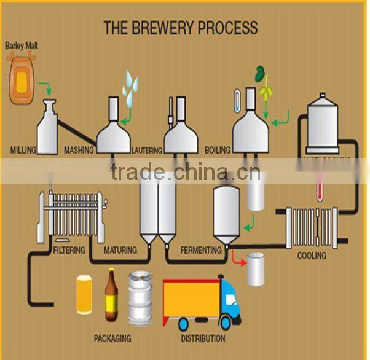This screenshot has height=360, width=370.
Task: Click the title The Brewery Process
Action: pyautogui.click(x=180, y=28)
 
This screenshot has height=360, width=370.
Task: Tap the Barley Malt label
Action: pyautogui.click(x=22, y=45)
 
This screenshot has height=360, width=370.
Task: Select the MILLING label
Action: pyautogui.click(x=24, y=149)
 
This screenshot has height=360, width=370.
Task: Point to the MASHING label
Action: pyautogui.click(x=79, y=149)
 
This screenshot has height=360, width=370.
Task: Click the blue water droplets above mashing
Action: pyautogui.click(x=130, y=86)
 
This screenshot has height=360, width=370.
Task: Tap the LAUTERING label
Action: pyautogui.click(x=147, y=150)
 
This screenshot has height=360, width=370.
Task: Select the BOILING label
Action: pyautogui.click(x=218, y=150)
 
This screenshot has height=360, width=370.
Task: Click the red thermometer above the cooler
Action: pyautogui.click(x=319, y=187)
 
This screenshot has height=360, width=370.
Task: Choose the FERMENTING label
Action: pyautogui.click(x=201, y=251)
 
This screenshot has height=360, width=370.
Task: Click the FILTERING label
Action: pyautogui.click(x=69, y=251)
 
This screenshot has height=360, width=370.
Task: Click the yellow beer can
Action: pyautogui.click(x=84, y=295)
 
